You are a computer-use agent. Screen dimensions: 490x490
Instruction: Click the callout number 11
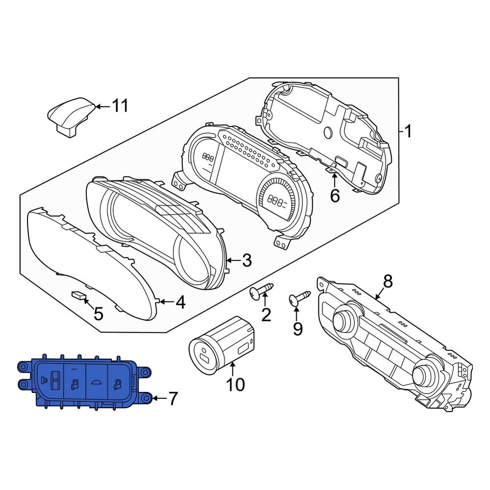pos(120,105)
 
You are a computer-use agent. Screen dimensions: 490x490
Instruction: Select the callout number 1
pos(408,132)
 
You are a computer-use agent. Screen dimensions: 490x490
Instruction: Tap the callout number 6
pos(335,196)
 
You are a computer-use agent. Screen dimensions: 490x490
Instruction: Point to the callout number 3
pos(246,260)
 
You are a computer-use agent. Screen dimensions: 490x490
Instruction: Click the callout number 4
pos(180,303)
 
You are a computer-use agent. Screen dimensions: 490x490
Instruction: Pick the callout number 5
pos(98,313)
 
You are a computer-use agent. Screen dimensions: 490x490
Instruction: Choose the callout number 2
pos(266,315)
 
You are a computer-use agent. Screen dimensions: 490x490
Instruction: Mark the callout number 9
pos(298,329)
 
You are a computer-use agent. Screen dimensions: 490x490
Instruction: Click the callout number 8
pos(388,281)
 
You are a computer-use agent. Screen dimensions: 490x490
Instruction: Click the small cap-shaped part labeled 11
pos(70,116)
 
